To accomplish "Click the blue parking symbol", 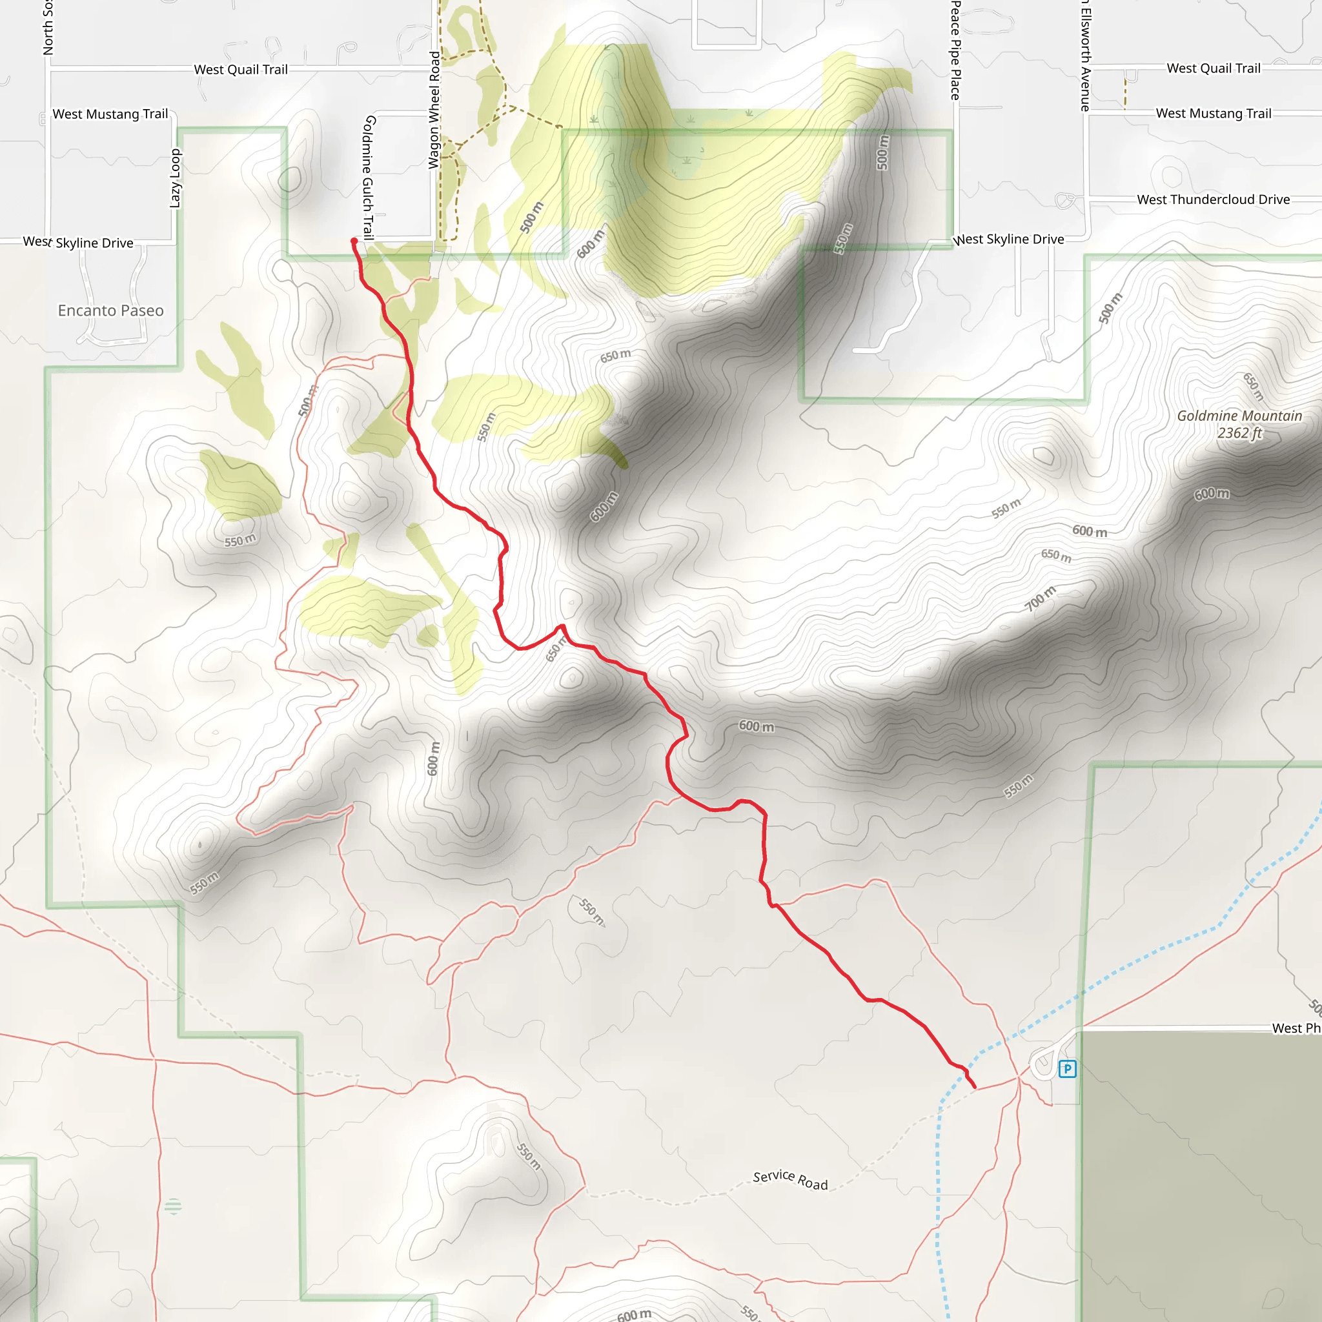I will point(1067,1068).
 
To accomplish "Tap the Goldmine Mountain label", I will point(1239,416).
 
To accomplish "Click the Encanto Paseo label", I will point(111,310).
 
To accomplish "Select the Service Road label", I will point(790,1180).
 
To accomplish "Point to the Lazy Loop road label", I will point(175,179).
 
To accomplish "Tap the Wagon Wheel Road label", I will point(434,110).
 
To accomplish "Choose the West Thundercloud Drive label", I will point(1213,200).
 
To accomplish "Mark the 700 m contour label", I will point(1040,599).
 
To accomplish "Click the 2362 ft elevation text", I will point(1239,433).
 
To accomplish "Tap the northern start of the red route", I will point(354,241).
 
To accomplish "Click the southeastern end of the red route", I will point(974,1087).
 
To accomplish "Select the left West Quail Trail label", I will point(241,70).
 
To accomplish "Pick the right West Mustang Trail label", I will point(1213,114).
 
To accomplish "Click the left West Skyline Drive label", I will point(78,243).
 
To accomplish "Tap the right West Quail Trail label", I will point(1213,68).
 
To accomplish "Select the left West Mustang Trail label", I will point(110,114).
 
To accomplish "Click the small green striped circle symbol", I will point(173,1206).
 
